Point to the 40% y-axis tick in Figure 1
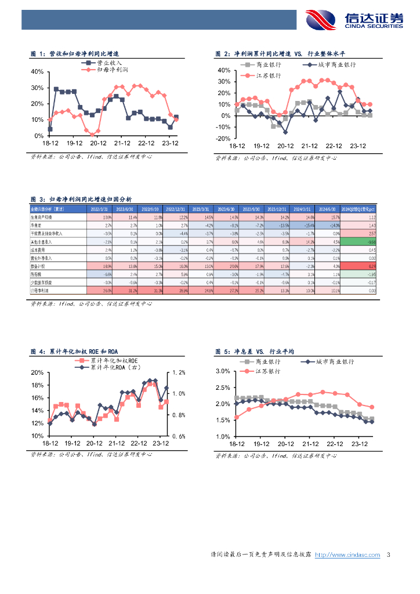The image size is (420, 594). (37, 72)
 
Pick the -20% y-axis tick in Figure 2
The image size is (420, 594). (223, 139)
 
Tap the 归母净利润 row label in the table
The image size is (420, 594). (40, 289)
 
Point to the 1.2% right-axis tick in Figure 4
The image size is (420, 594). (178, 372)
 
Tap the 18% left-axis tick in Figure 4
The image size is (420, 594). (37, 385)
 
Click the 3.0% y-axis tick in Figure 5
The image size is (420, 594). (223, 371)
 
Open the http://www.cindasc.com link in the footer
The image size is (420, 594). (347, 555)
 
